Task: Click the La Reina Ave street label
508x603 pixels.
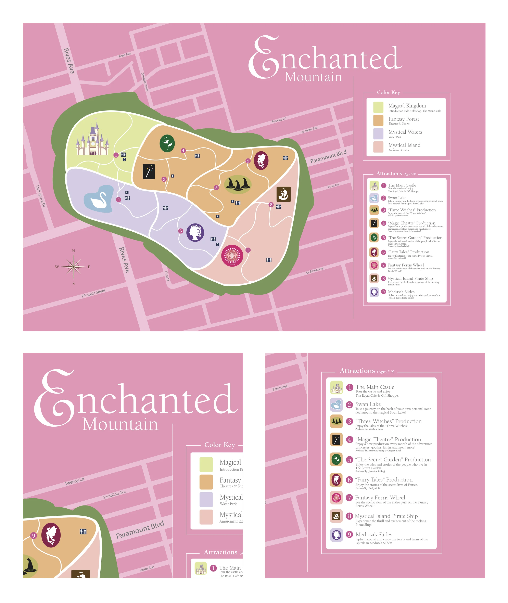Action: [315, 270]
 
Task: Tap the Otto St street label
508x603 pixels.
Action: [167, 276]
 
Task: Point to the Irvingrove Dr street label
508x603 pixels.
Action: [41, 196]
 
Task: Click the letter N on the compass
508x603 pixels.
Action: [73, 251]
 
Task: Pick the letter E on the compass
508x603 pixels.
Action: [89, 267]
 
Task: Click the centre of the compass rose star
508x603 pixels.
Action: [73, 267]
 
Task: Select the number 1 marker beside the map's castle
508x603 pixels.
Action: [116, 155]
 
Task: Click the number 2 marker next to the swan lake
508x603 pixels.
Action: [118, 200]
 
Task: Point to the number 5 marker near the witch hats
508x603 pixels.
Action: [216, 188]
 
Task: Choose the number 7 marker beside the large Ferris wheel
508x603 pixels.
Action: [248, 250]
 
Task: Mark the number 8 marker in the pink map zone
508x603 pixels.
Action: [271, 204]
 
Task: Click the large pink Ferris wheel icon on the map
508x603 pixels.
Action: [232, 255]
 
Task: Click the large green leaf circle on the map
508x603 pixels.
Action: [167, 143]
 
